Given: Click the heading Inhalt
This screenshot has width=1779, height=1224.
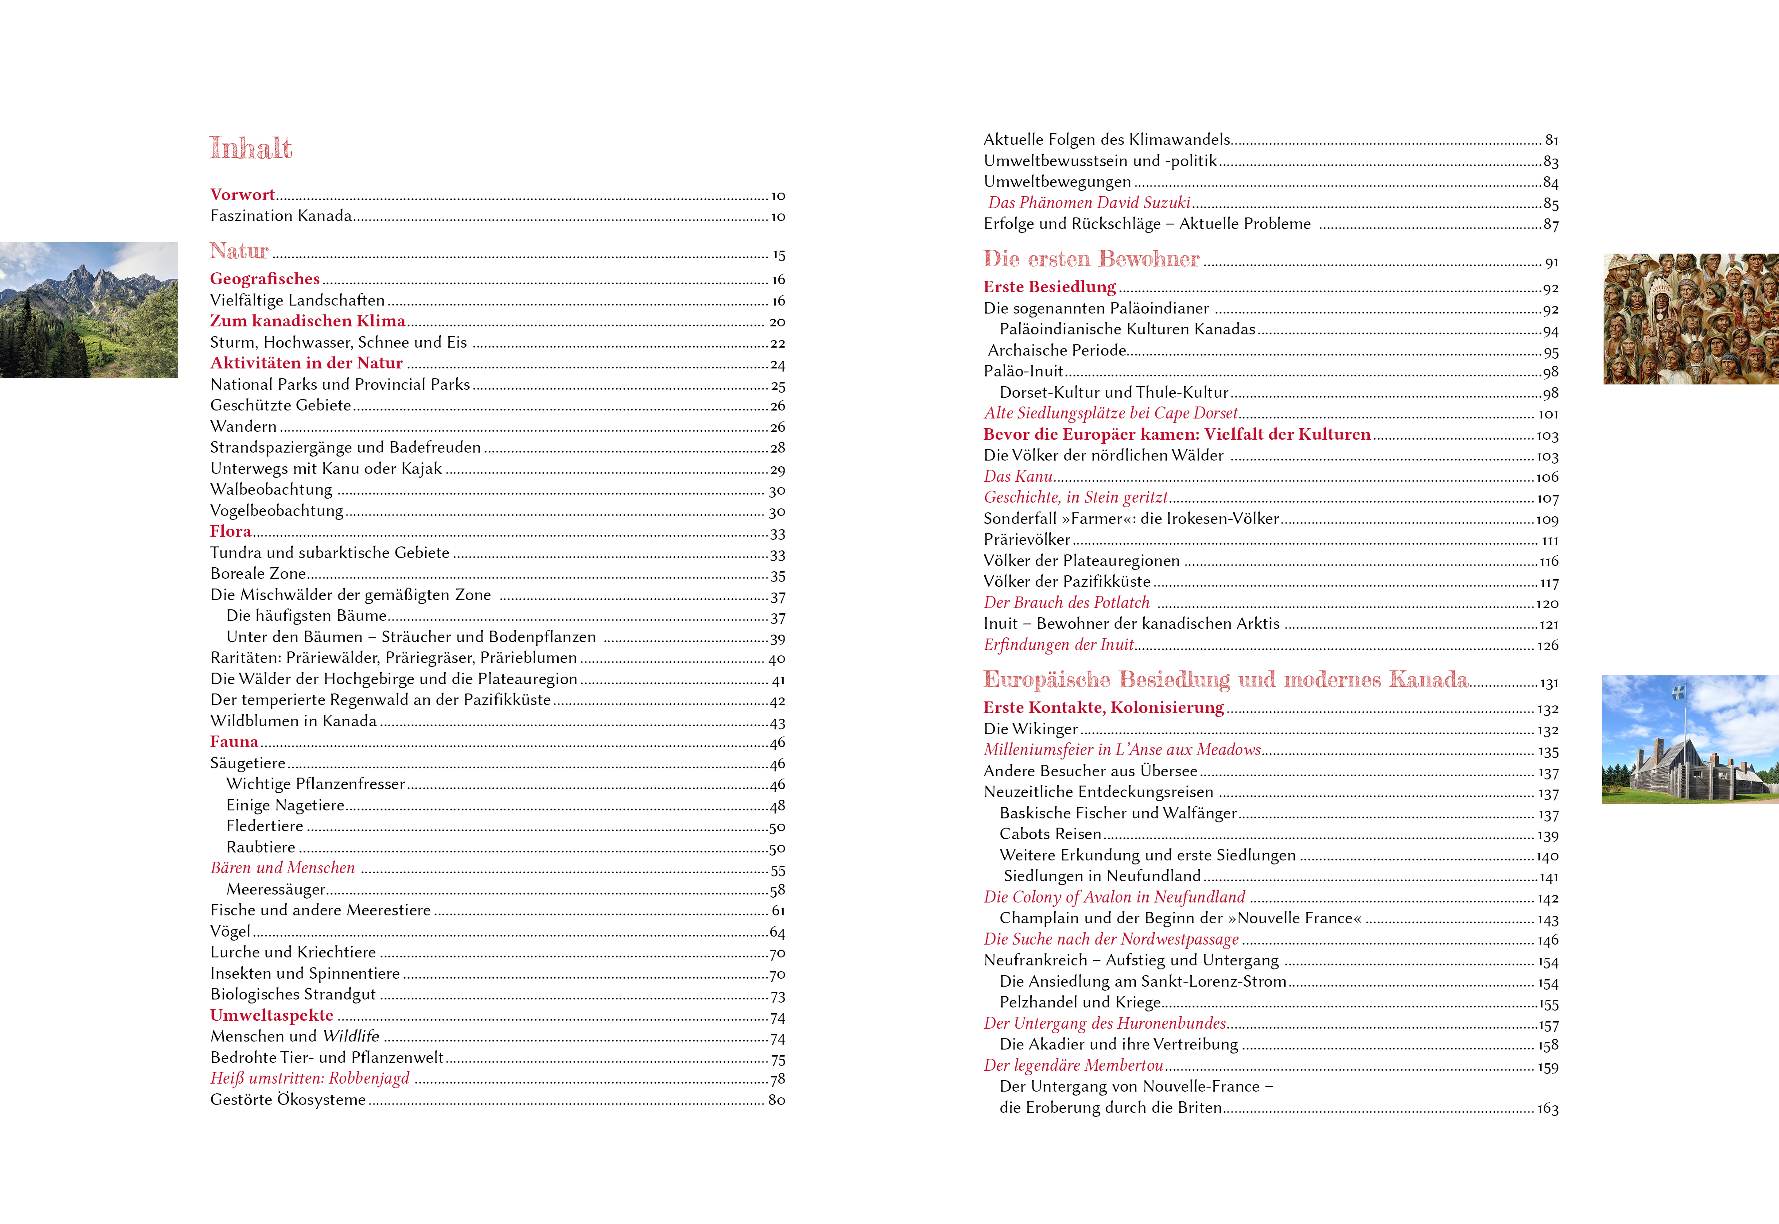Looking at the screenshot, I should pos(251,148).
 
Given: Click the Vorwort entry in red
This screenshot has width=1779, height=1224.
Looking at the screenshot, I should pos(242,195).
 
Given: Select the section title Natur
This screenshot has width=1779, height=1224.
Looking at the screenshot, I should pos(239,251).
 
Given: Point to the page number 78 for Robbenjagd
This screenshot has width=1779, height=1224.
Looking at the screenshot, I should pos(777,1079).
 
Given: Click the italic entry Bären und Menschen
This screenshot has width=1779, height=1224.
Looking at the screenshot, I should pos(282,868).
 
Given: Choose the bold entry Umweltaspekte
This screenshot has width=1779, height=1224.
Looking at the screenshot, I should pos(272,1015).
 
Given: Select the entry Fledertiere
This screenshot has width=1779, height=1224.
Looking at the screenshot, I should pos(264,826).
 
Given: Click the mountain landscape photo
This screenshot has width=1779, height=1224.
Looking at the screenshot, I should pos(89,310).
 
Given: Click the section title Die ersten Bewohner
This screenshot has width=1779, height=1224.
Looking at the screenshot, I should pos(1091,259).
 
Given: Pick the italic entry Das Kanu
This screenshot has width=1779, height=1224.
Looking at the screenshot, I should pos(1018,476).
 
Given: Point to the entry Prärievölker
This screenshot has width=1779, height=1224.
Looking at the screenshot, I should pos(1026,539).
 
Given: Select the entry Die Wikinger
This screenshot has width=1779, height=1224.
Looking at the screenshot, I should pos(1030,728).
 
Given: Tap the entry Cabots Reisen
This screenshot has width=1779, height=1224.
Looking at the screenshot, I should pos(1049,833).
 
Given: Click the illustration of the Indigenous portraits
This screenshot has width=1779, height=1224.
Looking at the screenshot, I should pos(1690,319).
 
